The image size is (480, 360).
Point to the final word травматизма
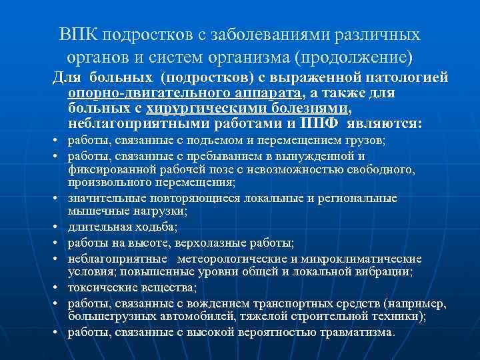359,332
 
